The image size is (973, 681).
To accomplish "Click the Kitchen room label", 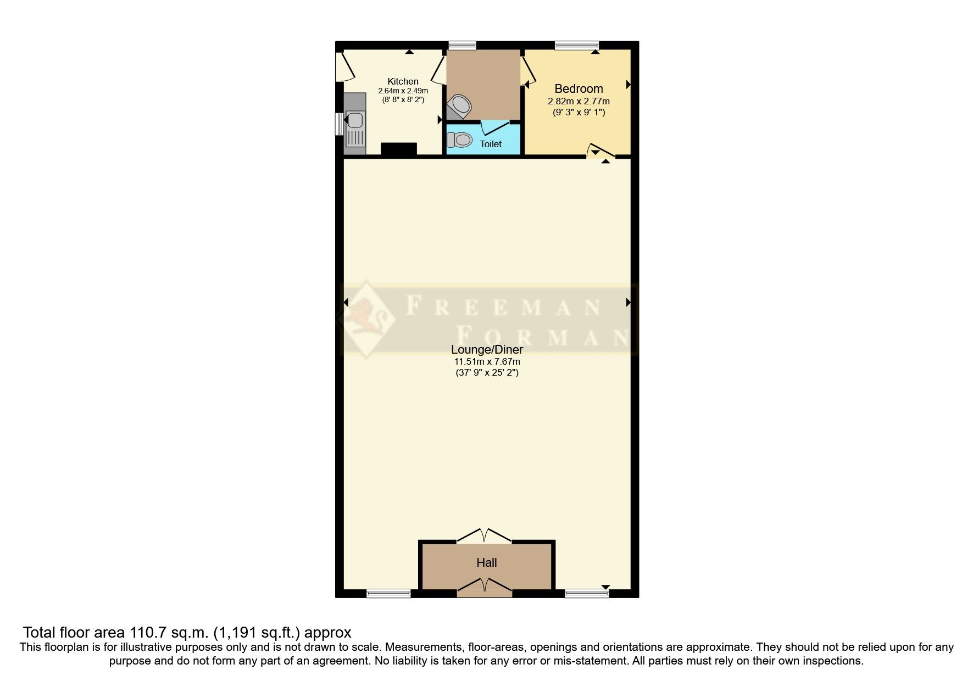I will [x=403, y=82].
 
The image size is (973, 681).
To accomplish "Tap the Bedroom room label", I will [x=579, y=89].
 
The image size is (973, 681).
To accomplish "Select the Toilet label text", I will [x=491, y=144].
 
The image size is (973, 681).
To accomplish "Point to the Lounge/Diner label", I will [x=487, y=349].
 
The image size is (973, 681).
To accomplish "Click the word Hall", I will [x=487, y=562].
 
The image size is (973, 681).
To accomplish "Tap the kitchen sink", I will [x=354, y=120].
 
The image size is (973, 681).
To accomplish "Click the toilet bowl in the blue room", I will [x=460, y=141].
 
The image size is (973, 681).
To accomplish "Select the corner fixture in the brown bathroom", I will [x=459, y=106].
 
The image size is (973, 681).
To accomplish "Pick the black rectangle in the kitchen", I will [x=399, y=149].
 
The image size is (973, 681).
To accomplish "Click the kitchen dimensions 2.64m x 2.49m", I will [x=403, y=91].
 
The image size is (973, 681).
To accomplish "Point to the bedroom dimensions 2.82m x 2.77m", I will [x=579, y=101].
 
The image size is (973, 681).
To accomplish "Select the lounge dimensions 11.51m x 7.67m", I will [x=487, y=362].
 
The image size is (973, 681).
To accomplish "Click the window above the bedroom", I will [x=576, y=45].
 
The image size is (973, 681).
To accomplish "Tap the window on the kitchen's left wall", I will [x=339, y=123].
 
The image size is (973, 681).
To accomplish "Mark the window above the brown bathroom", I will [x=462, y=45].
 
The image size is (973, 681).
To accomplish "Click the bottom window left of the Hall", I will [x=388, y=593].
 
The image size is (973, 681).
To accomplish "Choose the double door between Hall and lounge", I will [x=484, y=535].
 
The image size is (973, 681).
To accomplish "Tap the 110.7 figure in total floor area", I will [x=147, y=633].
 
